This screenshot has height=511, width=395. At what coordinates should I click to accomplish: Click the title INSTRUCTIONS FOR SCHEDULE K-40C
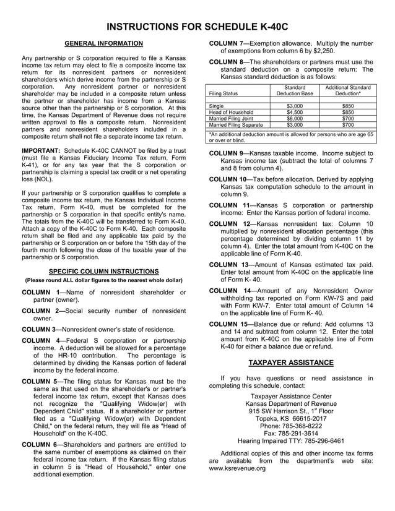[197, 27]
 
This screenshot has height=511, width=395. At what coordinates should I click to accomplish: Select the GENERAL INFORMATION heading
[104, 43]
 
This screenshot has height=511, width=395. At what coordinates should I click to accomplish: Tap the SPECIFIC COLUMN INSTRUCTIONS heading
[104, 272]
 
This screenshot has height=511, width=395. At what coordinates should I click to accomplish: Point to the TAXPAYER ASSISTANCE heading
[291, 363]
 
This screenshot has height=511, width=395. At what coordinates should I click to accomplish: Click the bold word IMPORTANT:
[41, 150]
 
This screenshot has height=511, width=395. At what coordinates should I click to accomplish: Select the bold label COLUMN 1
[41, 292]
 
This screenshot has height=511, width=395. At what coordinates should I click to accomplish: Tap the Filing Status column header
[224, 93]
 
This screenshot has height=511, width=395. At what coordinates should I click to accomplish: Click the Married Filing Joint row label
[232, 118]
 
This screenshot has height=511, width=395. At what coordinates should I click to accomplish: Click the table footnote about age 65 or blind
[291, 137]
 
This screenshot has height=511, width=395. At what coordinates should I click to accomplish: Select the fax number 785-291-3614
[290, 434]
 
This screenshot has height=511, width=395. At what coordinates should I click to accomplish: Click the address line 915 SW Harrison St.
[290, 410]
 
